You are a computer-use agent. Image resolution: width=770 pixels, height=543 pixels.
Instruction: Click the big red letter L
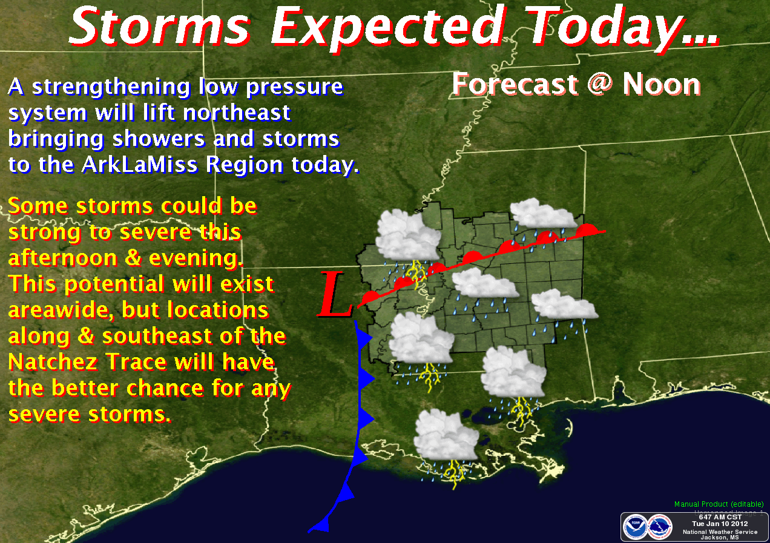pos(335,295)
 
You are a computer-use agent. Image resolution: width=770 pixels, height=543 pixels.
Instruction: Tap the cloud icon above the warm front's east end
pos(543,214)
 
